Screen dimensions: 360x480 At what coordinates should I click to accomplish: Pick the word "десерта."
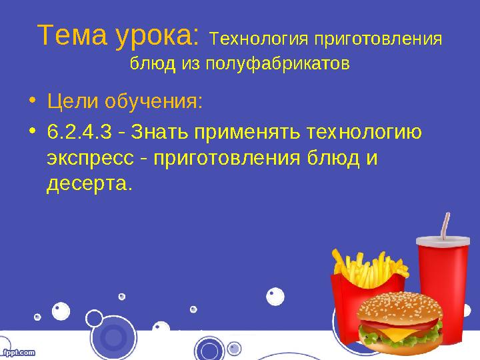[90, 182]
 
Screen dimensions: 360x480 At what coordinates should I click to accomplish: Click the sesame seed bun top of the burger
[398, 307]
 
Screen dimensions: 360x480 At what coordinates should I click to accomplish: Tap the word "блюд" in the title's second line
[146, 65]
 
